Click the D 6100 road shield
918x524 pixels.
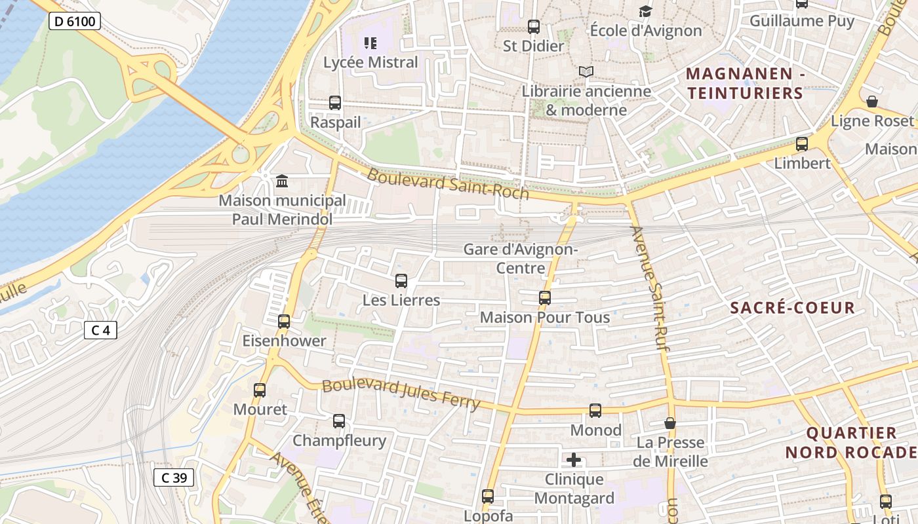(74, 21)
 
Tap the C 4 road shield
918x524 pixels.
(100, 330)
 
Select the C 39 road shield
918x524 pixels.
(174, 477)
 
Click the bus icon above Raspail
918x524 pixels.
(335, 103)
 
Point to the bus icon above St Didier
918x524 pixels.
(534, 27)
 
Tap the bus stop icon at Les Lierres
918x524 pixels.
(401, 281)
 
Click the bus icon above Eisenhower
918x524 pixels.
(284, 322)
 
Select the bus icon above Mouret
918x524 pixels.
(260, 390)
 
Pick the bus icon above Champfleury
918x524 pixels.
(339, 421)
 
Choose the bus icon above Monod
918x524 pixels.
(595, 411)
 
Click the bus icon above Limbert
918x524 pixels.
(802, 144)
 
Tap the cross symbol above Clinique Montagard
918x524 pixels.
(574, 460)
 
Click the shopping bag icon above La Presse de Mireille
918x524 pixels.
(669, 424)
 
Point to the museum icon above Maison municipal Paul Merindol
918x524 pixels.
(282, 181)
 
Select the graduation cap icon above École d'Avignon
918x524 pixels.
(646, 11)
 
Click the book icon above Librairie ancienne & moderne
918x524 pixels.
(586, 72)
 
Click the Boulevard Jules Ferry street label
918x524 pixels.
(401, 394)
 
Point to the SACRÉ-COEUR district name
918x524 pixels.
(792, 308)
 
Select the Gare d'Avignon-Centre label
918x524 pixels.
(521, 259)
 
